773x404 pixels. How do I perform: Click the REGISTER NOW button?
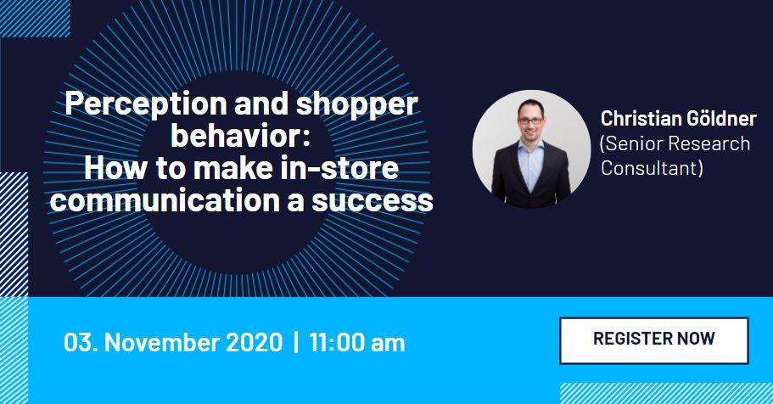pos(653,340)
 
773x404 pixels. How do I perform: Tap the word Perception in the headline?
pos(146,104)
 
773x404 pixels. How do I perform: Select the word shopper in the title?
pos(356,104)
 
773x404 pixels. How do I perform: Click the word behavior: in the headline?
pos(241,136)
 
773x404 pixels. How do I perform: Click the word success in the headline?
pos(372,201)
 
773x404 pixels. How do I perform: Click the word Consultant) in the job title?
pos(652,168)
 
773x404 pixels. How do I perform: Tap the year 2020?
pos(255,342)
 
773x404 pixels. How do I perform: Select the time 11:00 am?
pos(357,342)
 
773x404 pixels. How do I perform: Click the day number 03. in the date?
pos(81,342)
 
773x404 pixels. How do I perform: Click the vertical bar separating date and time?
pos(296,342)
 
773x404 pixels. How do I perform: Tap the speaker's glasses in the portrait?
pos(531,120)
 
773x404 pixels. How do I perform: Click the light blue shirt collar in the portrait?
pos(531,148)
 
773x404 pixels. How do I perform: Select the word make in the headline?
pos(227,168)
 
